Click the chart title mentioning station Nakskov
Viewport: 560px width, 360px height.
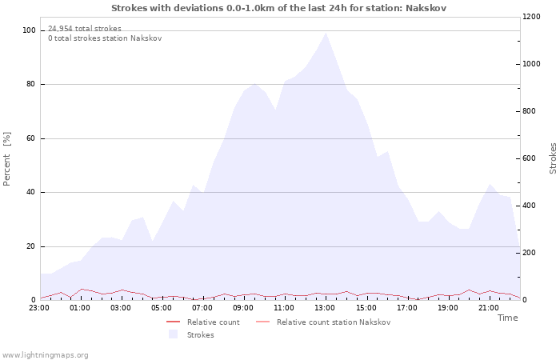pos(278,8)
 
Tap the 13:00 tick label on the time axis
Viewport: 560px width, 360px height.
pos(325,308)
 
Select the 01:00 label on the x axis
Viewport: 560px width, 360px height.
pos(80,308)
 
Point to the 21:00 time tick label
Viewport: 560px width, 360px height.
pos(489,308)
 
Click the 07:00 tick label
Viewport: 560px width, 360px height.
pos(202,308)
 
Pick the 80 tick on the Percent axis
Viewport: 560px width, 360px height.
pos(30,84)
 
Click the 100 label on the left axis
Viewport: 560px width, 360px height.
pos(29,30)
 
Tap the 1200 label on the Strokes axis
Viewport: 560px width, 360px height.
pos(531,17)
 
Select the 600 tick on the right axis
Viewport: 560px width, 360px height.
pos(530,158)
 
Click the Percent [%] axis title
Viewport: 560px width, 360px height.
pos(6,159)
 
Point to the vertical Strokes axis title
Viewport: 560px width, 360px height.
pos(553,158)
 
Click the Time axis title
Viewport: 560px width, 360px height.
pos(507,318)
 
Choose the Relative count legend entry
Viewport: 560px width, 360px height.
pos(203,322)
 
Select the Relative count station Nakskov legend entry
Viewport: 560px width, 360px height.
pos(323,322)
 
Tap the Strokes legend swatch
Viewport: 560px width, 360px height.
pos(174,334)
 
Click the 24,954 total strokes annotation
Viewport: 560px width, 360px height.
pos(85,29)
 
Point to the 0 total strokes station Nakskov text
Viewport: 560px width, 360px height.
pos(105,38)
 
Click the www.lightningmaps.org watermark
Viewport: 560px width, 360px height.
pos(45,355)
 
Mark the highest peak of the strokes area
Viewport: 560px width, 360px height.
pos(326,33)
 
